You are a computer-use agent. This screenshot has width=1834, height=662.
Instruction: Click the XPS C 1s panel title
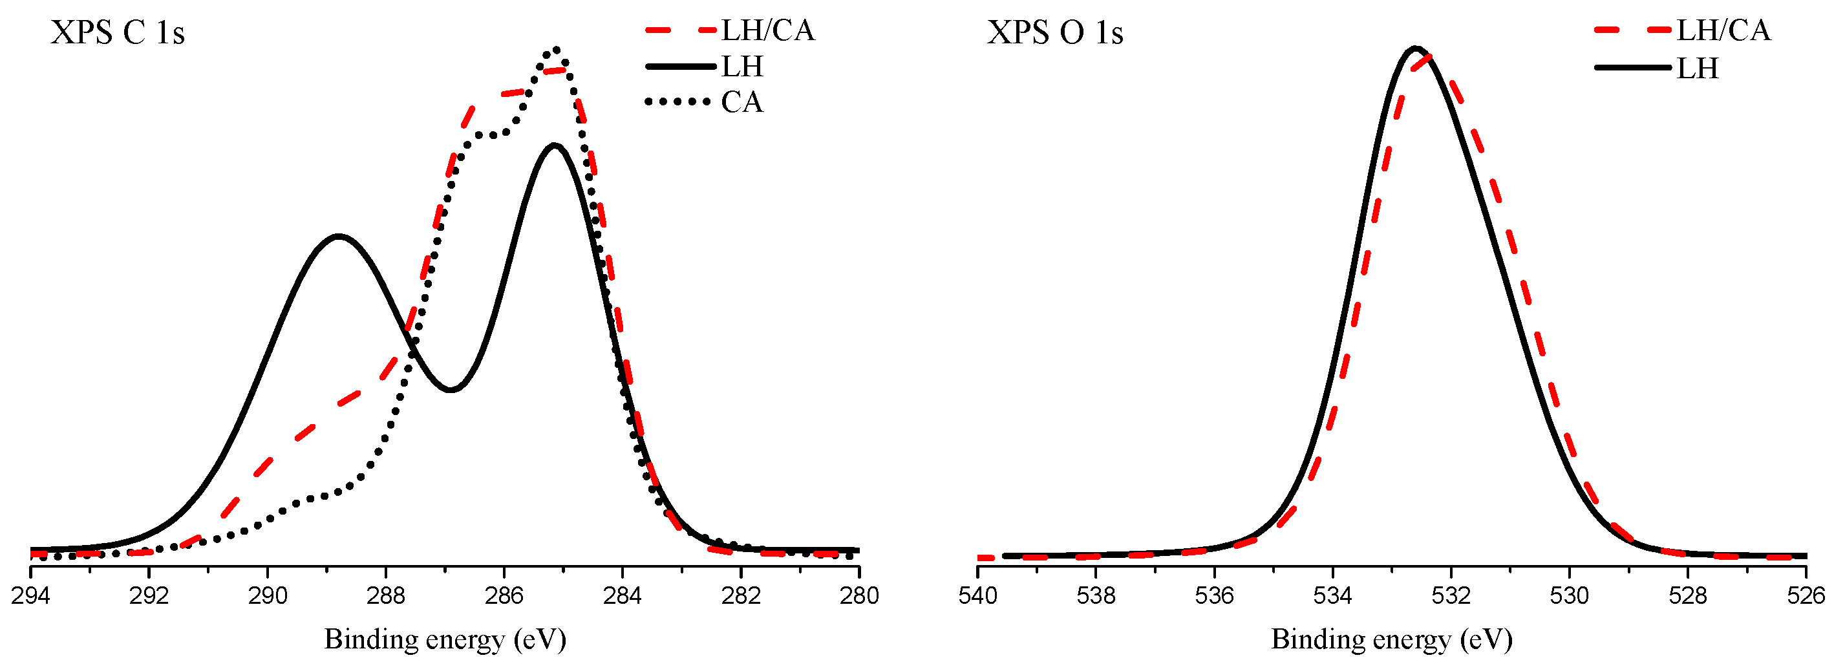118,33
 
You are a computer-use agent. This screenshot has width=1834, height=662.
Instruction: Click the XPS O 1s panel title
1054,33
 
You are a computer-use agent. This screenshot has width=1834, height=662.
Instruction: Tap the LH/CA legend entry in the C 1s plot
767,30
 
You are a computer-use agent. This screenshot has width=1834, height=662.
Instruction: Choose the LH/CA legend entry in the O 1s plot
1723,30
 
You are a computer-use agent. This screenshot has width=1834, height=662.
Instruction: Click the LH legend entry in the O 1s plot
1698,69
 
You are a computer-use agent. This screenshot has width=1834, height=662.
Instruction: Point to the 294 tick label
30,595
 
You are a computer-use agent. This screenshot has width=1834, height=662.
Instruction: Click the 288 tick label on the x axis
386,595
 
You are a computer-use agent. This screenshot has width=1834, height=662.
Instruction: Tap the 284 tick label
623,595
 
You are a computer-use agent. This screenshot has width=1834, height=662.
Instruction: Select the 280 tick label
858,595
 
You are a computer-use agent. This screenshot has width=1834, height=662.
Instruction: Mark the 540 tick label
977,595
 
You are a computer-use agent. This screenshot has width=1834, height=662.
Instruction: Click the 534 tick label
1332,595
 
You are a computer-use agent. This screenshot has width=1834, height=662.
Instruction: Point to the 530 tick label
1569,595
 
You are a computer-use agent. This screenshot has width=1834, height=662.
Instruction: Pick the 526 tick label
1806,595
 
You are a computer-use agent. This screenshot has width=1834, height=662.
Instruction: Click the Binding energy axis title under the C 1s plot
445,639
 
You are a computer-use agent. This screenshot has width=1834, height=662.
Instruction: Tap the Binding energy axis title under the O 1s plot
1391,639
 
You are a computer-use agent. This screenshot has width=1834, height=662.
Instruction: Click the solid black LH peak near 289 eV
338,235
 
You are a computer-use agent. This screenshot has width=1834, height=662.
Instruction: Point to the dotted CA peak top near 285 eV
556,50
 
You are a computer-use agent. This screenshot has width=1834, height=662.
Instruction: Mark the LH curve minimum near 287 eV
451,389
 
